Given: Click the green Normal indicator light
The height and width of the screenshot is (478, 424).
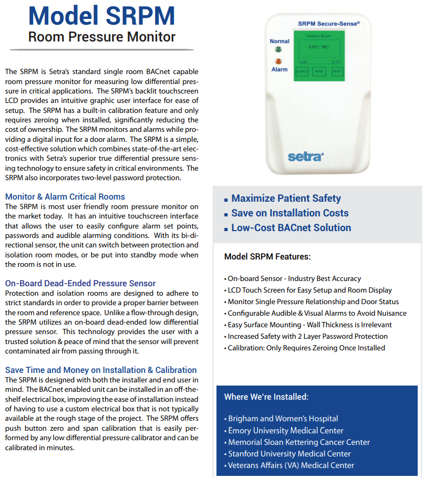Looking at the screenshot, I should tap(278, 49).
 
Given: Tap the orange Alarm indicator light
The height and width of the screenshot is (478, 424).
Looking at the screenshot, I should tap(278, 61).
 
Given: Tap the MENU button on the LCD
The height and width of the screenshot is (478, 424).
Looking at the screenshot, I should tap(319, 71).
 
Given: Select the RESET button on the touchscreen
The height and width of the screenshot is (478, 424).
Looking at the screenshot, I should tap(336, 71).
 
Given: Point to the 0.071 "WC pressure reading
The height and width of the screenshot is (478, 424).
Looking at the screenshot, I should tap(318, 47).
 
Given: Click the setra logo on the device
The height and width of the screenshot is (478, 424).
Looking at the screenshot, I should tap(306, 156).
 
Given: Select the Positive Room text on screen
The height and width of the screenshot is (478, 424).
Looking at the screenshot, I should tap(318, 36).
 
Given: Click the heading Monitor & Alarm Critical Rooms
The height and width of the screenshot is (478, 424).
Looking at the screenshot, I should tap(65, 196).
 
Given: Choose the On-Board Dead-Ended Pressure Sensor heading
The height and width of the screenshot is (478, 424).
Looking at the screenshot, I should tap(80, 283).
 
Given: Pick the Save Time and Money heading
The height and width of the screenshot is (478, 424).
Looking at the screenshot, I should tap(101, 370).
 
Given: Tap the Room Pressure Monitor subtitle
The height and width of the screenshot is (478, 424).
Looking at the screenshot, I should tap(101, 37).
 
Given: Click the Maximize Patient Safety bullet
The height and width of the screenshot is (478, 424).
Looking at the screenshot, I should tap(286, 199).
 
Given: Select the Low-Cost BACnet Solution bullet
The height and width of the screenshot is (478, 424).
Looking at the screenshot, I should tap(291, 228).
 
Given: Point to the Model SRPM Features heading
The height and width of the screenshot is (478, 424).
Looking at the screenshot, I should tap(267, 257).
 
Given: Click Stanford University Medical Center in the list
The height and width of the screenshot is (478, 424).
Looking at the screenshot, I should tap(289, 454).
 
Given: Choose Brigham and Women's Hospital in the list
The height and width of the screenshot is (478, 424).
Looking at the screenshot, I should tap(283, 419).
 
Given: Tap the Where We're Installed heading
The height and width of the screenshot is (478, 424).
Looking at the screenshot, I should tap(266, 397).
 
